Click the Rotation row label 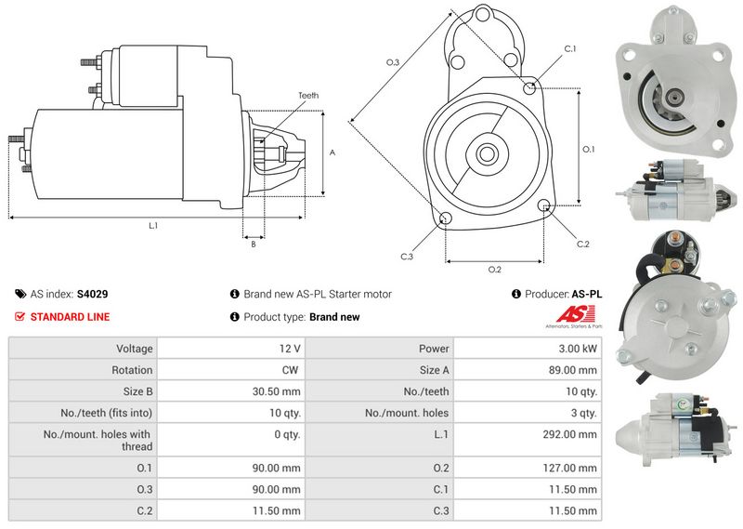[133, 370]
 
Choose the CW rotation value [292, 370]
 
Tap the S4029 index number [92, 294]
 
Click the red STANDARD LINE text [70, 317]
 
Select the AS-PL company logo [577, 317]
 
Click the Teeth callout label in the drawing [308, 96]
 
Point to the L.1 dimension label [152, 226]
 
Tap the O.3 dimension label [392, 62]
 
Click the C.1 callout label [569, 48]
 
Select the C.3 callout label [407, 257]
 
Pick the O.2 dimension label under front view [494, 270]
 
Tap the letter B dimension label [253, 244]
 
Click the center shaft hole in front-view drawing [486, 152]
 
